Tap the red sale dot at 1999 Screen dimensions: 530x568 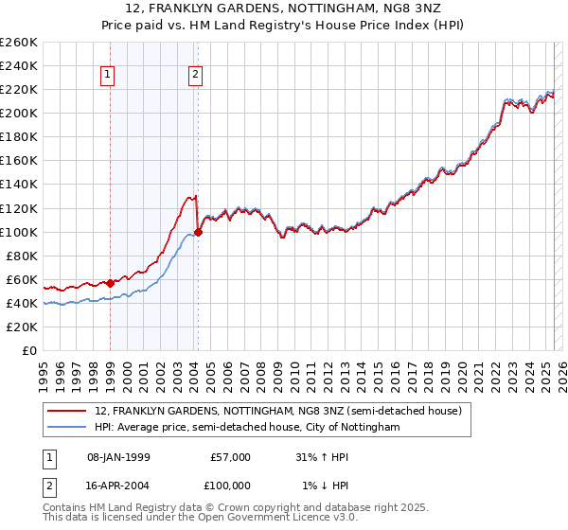110,282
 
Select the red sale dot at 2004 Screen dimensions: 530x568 198,231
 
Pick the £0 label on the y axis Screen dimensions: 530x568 28,350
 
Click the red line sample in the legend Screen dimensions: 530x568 67,411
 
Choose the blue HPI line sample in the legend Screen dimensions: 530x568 67,427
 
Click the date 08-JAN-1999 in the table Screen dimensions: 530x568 117,456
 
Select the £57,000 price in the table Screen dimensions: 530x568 229,456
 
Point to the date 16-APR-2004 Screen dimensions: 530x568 117,485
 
